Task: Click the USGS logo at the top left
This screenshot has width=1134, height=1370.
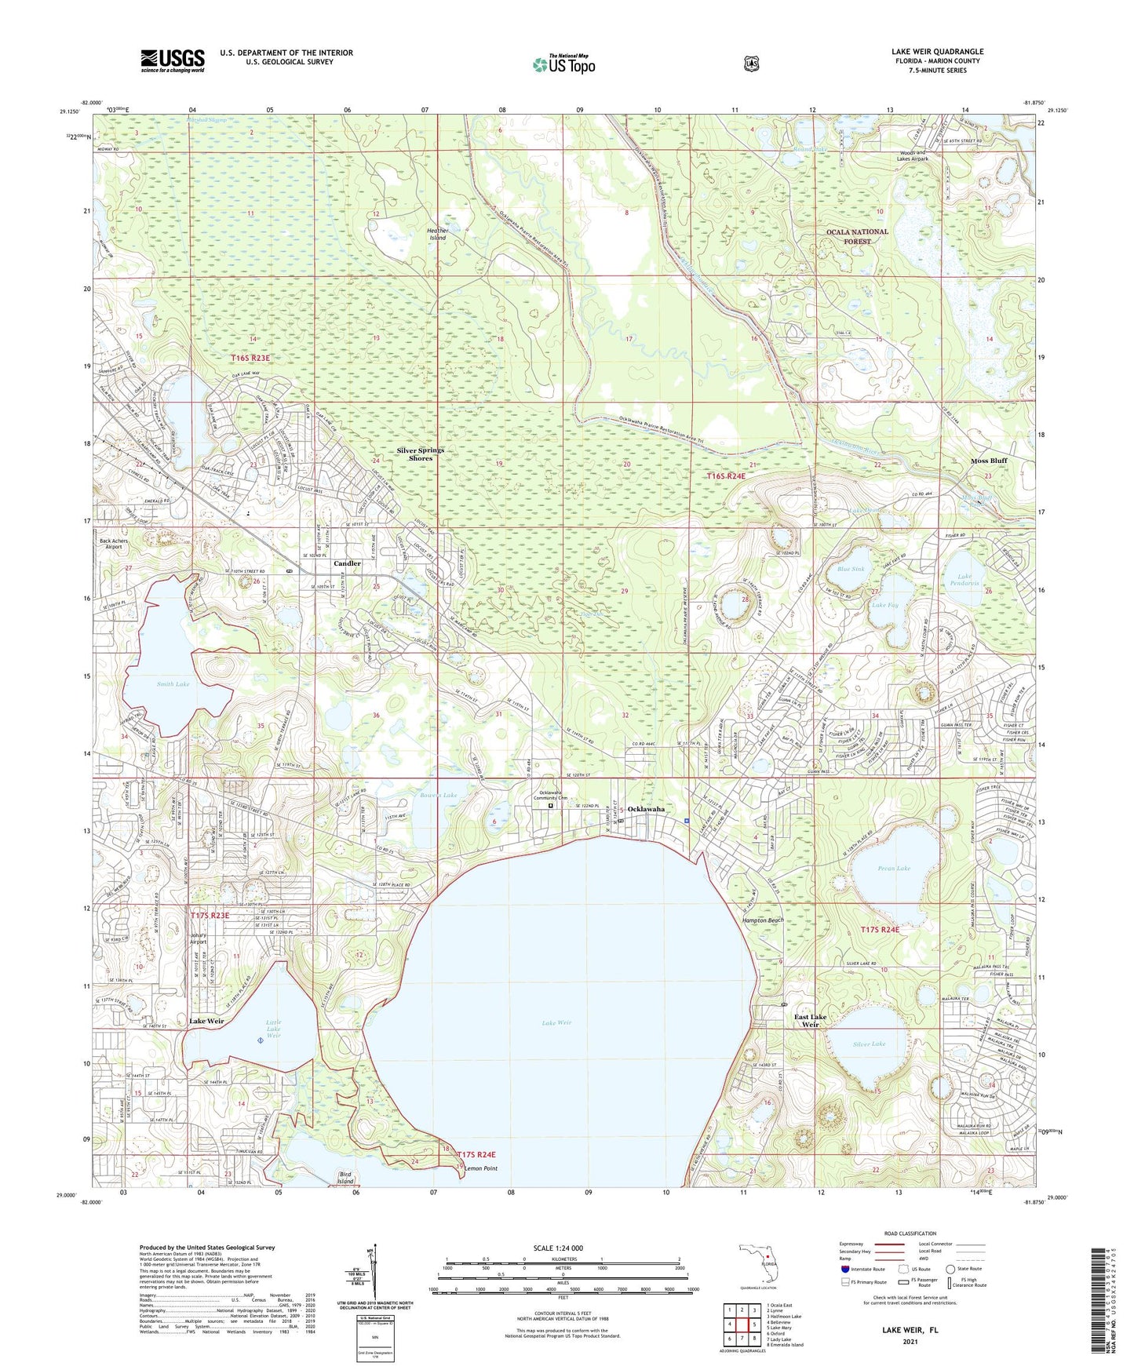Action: [x=173, y=60]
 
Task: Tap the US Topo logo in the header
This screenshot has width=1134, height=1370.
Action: [x=563, y=64]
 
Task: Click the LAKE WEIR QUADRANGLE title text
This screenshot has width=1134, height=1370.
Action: [x=937, y=52]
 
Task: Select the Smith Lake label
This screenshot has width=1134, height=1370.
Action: [x=173, y=684]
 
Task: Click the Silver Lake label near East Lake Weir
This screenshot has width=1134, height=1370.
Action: [x=868, y=1044]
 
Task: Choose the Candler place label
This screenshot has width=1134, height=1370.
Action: [x=347, y=563]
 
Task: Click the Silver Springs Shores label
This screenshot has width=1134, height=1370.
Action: [x=420, y=454]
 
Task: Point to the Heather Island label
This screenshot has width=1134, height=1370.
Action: [x=438, y=234]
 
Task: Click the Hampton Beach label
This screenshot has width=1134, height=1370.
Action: [x=763, y=920]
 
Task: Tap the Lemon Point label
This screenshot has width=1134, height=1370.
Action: [x=480, y=1168]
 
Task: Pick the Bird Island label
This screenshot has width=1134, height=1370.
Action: [x=346, y=1178]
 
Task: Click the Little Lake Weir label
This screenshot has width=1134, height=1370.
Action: [x=273, y=1029]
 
